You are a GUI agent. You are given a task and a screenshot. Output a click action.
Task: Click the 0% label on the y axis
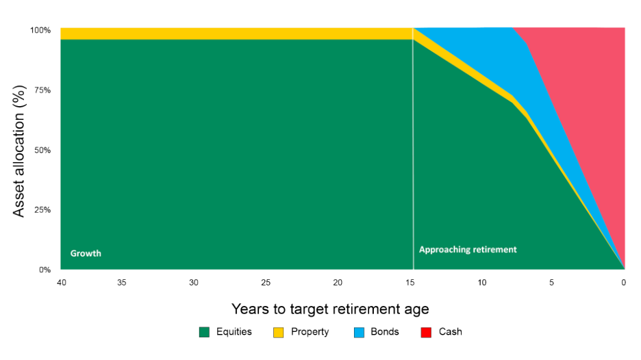45,270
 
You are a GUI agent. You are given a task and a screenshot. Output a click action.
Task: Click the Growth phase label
86,253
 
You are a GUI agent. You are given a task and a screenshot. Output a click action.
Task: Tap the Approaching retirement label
468,250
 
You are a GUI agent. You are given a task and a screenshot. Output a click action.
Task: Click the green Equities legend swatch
203,333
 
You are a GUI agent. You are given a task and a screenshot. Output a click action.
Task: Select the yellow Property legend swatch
278,333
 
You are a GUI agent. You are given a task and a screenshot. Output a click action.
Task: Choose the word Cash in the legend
451,333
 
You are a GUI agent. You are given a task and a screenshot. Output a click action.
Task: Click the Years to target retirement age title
331,309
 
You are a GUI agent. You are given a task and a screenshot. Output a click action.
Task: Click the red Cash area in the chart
589,103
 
